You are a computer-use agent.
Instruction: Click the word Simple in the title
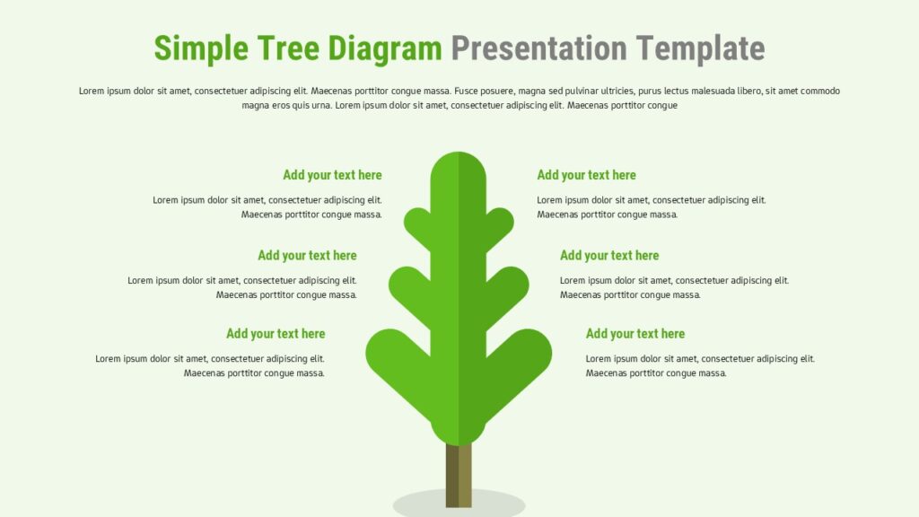pyautogui.click(x=201, y=48)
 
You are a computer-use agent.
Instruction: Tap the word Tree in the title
pyautogui.click(x=288, y=48)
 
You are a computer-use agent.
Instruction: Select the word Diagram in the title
pyautogui.click(x=384, y=49)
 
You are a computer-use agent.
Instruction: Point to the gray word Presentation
pyautogui.click(x=539, y=48)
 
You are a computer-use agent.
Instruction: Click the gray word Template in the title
pyautogui.click(x=700, y=49)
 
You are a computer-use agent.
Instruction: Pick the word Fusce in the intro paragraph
pyautogui.click(x=466, y=91)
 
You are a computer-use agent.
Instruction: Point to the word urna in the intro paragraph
pyautogui.click(x=320, y=106)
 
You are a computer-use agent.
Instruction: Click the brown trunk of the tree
pyautogui.click(x=459, y=475)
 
